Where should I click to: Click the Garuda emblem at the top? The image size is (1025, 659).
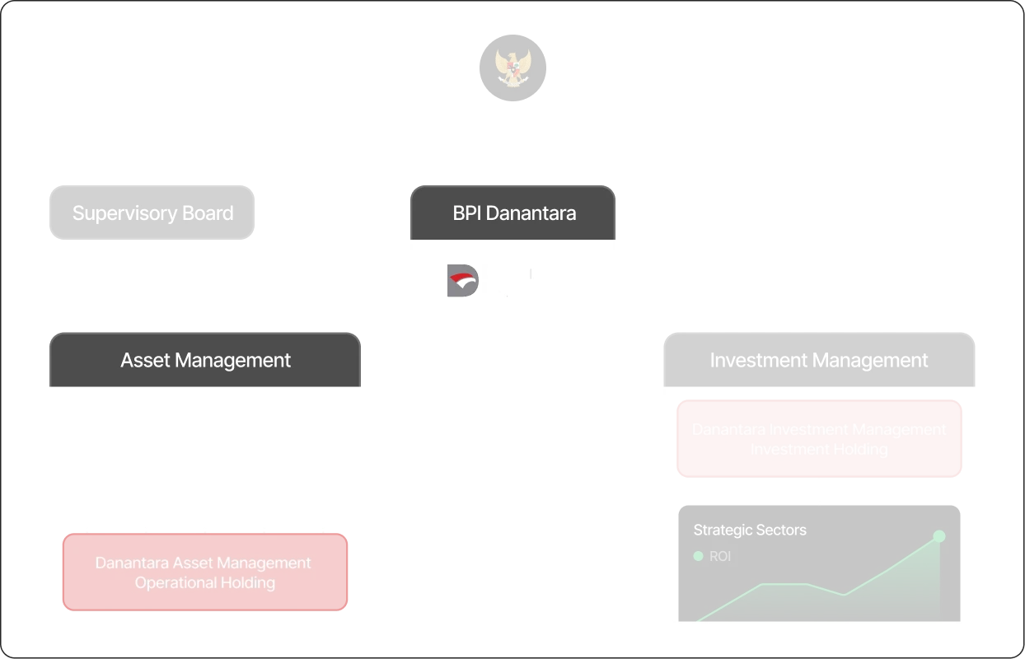pyautogui.click(x=511, y=65)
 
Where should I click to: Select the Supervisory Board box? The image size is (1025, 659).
pyautogui.click(x=152, y=213)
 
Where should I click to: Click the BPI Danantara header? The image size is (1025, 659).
pyautogui.click(x=513, y=213)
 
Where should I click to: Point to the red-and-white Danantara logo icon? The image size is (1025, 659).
pyautogui.click(x=459, y=280)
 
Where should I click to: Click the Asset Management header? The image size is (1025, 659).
pyautogui.click(x=205, y=360)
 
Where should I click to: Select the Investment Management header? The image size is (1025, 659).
pyautogui.click(x=818, y=360)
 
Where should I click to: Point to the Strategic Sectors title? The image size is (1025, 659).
pyautogui.click(x=750, y=530)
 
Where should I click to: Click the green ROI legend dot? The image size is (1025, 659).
pyautogui.click(x=698, y=556)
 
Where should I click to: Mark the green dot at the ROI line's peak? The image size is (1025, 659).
pyautogui.click(x=938, y=536)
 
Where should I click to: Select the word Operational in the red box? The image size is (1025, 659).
pyautogui.click(x=169, y=583)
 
